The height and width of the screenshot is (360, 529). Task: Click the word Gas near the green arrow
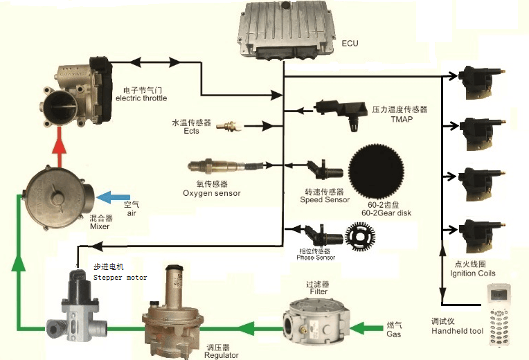(x=393, y=334)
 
